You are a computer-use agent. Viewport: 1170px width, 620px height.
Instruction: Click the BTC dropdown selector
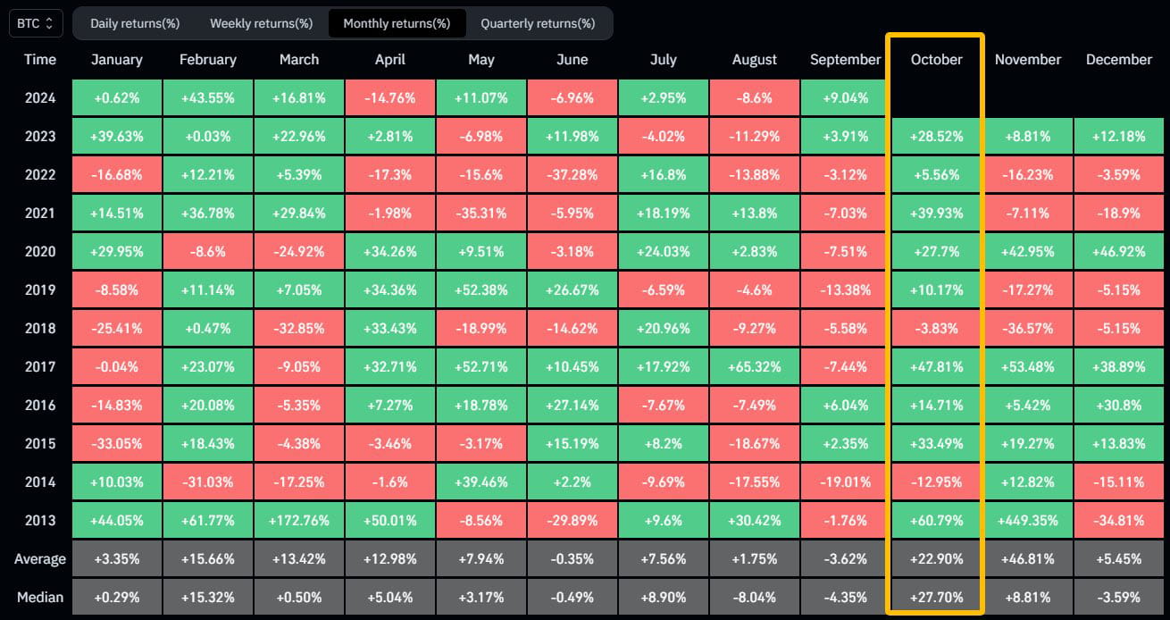(x=36, y=23)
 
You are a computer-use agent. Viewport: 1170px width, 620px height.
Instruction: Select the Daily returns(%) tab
(x=135, y=23)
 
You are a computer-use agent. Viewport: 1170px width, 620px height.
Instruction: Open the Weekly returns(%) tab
(x=261, y=23)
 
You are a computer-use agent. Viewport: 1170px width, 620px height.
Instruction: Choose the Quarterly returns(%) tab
(x=538, y=23)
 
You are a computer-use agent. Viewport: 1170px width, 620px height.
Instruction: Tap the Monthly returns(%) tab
(x=397, y=23)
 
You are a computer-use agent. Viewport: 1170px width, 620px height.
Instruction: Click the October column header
(x=937, y=60)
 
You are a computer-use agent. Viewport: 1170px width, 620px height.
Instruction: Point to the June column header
(x=572, y=60)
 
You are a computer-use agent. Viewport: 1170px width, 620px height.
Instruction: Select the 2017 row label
(x=40, y=366)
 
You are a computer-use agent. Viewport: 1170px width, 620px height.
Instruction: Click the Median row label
(x=40, y=597)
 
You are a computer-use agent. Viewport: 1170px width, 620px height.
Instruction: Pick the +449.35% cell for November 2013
(x=1028, y=520)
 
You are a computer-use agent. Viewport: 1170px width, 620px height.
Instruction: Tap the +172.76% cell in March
(x=299, y=520)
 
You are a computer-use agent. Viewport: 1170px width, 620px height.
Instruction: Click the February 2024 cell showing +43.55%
(x=208, y=97)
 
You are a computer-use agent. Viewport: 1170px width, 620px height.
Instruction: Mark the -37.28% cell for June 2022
(x=572, y=174)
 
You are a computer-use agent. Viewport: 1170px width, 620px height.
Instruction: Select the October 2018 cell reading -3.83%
(x=936, y=328)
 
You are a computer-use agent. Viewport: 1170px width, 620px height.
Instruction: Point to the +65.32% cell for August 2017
(x=755, y=366)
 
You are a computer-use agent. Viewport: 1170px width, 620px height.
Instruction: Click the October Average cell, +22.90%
(x=936, y=559)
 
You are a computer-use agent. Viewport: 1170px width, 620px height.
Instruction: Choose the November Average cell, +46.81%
(x=1028, y=559)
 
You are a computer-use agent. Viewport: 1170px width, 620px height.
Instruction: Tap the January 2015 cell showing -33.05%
(x=117, y=443)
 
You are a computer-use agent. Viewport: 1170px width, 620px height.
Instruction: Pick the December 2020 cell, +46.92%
(x=1119, y=251)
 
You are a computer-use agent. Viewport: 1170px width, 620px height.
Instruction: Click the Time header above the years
(x=40, y=60)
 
